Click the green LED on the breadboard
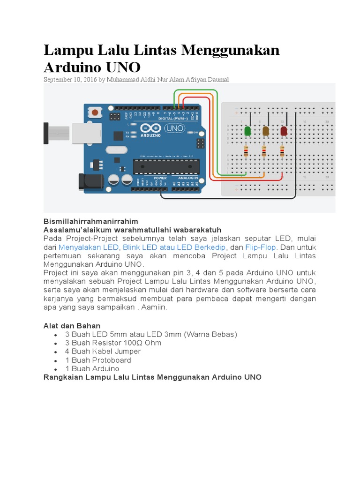click(x=247, y=131)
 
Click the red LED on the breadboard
click(x=284, y=131)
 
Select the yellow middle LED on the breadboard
click(x=266, y=131)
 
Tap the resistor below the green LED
click(x=246, y=151)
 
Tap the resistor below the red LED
click(x=282, y=151)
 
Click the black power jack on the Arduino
click(x=86, y=182)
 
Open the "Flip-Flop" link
click(x=261, y=247)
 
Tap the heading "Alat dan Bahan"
click(x=72, y=325)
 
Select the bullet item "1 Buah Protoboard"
click(x=98, y=360)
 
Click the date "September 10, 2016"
click(x=70, y=80)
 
